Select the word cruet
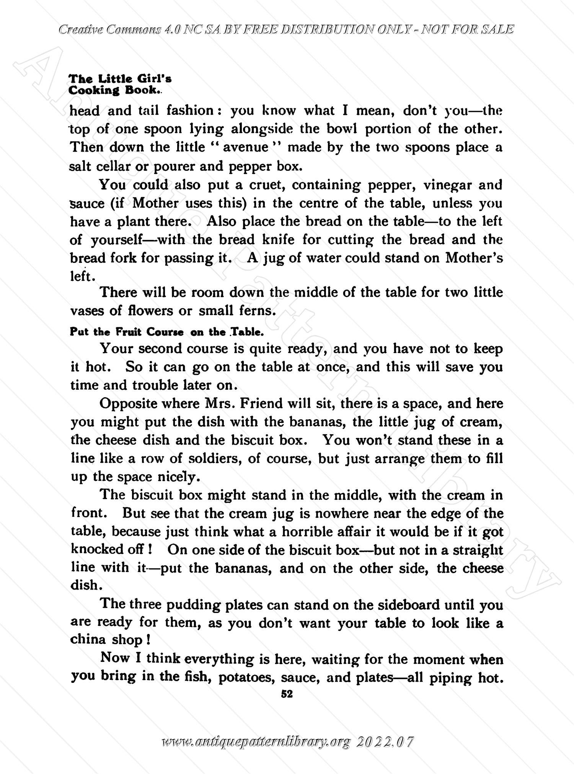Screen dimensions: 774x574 266,185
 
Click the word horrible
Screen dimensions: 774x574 308,532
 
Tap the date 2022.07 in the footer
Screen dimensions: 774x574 385,742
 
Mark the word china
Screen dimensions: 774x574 88,640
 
